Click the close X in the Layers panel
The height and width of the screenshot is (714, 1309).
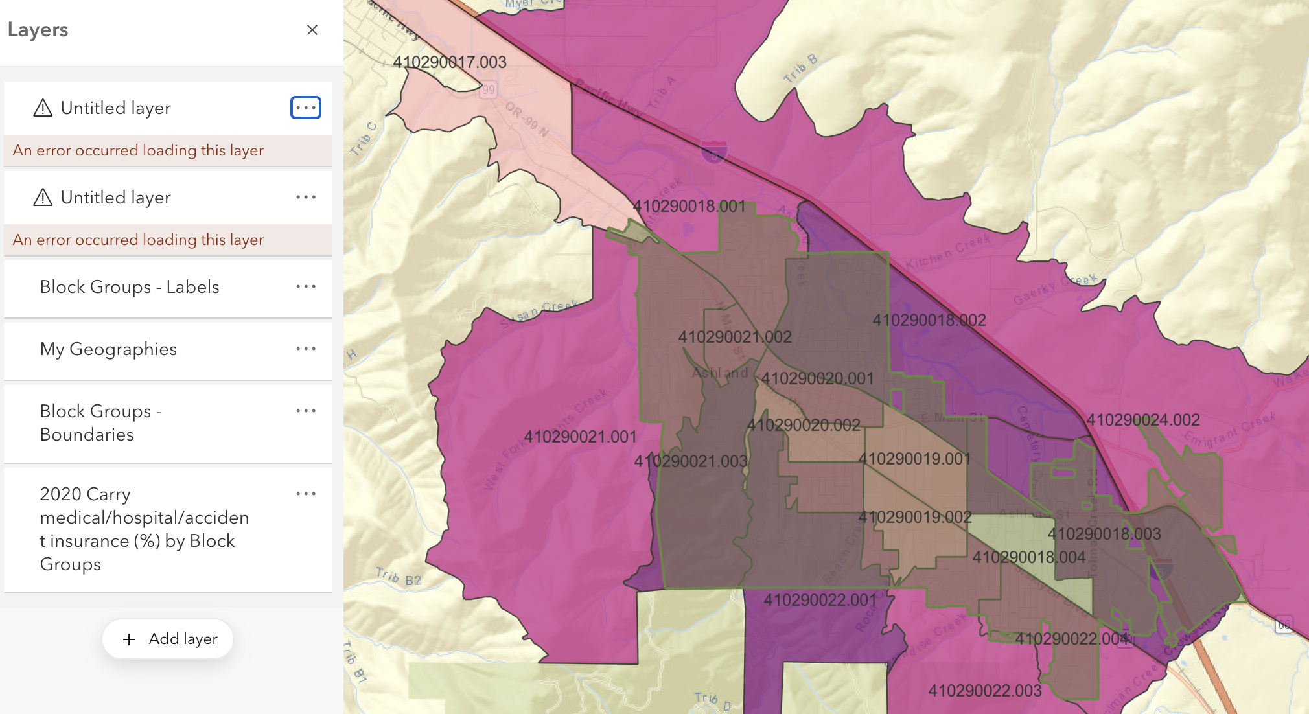(312, 30)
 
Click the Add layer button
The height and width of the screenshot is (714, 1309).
(168, 639)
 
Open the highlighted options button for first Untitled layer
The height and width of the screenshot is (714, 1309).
(306, 108)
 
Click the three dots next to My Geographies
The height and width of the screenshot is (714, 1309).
(306, 349)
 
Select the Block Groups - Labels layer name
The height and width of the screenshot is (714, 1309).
(130, 286)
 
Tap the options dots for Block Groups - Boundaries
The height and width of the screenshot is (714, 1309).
(306, 411)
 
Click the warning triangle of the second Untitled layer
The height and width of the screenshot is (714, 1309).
(43, 197)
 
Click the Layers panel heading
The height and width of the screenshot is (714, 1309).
(38, 30)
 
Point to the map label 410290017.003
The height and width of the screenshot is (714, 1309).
(450, 62)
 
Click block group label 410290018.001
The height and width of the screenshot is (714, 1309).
(689, 206)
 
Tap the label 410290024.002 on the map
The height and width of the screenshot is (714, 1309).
(1143, 420)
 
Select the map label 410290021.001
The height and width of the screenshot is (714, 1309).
(580, 437)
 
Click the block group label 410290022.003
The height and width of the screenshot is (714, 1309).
(985, 691)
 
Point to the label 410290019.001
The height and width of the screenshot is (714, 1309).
(914, 459)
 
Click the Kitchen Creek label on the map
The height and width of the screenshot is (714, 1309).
(947, 251)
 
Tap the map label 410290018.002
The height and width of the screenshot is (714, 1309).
(929, 320)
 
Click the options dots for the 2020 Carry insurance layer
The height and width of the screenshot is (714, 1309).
(306, 494)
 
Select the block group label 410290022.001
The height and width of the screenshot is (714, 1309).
(820, 600)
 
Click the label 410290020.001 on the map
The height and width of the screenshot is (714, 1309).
(817, 378)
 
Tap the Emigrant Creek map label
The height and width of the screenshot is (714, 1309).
(1229, 429)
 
